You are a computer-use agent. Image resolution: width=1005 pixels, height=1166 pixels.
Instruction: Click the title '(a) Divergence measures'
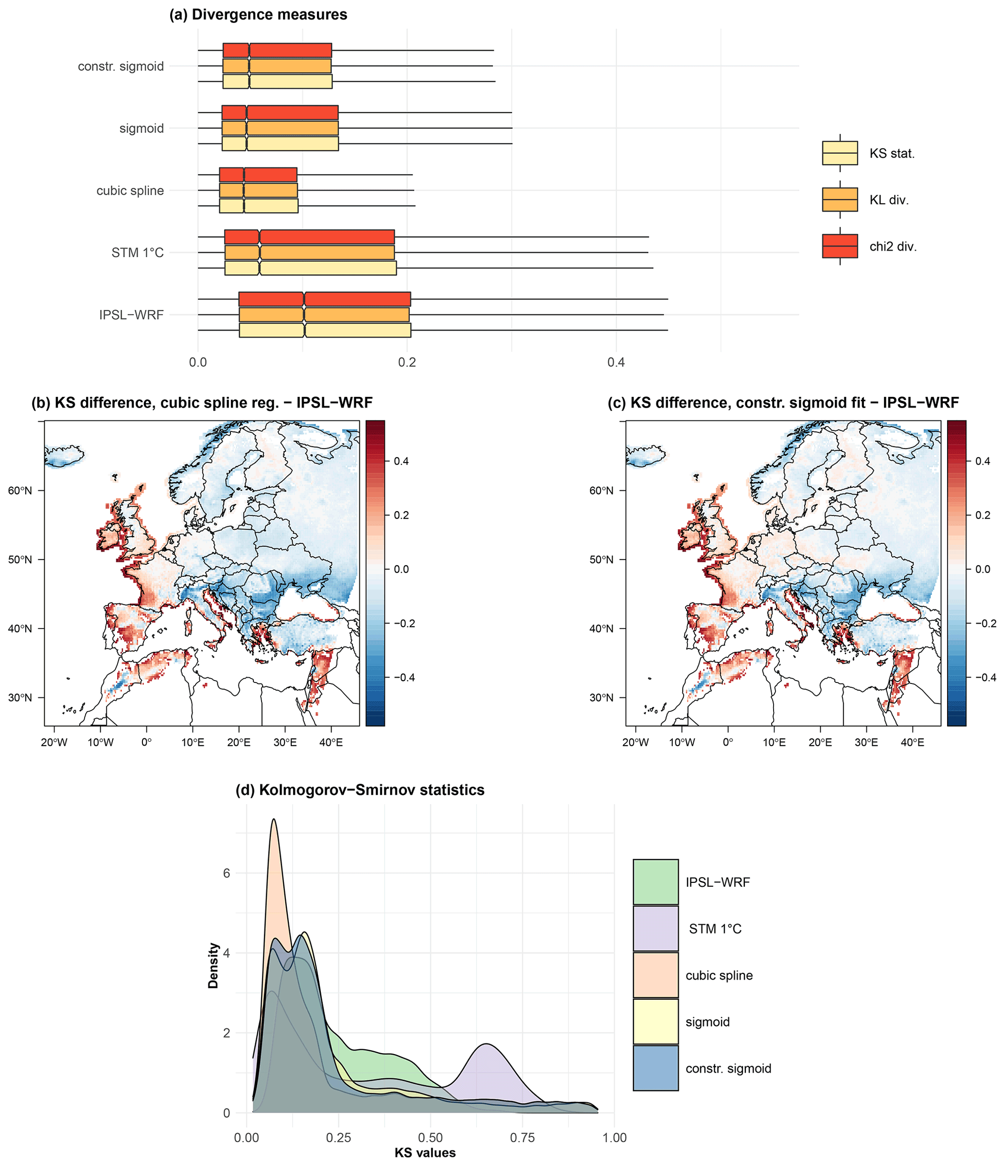click(258, 15)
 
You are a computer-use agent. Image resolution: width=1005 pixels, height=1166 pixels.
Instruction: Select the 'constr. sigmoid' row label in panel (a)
click(121, 67)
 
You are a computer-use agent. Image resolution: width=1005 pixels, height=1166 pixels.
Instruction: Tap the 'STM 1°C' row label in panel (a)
click(137, 252)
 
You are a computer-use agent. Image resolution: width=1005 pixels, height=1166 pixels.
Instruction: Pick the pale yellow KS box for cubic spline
click(259, 206)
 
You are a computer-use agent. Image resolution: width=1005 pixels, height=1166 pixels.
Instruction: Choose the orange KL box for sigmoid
click(280, 128)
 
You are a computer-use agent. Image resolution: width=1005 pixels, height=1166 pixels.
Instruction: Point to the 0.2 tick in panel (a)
click(406, 362)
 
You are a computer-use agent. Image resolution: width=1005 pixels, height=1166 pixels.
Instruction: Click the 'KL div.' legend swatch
click(840, 200)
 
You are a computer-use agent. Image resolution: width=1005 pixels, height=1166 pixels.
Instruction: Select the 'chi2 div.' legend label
click(893, 247)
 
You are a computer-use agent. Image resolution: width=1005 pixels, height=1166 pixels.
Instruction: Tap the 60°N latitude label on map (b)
click(19, 490)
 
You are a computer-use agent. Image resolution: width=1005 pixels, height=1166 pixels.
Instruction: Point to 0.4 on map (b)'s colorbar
click(401, 461)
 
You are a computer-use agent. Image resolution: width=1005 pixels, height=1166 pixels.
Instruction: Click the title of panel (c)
click(783, 403)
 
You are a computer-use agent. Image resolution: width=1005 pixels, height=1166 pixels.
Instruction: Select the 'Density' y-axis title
click(213, 966)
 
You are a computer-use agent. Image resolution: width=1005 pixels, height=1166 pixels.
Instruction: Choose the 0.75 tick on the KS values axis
click(523, 1137)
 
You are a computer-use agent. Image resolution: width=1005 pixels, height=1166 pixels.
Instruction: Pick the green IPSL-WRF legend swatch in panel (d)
click(655, 882)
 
